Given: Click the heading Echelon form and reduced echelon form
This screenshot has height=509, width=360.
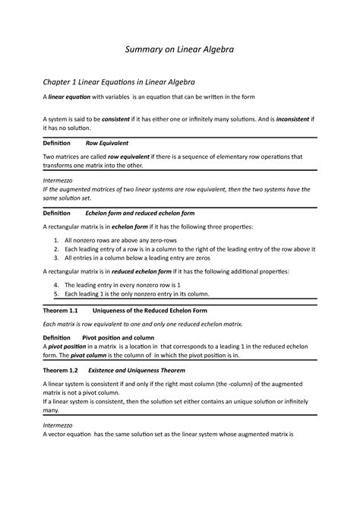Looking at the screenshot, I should click(140, 214).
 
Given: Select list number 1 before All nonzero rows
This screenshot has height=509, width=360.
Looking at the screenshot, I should click(56, 240).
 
